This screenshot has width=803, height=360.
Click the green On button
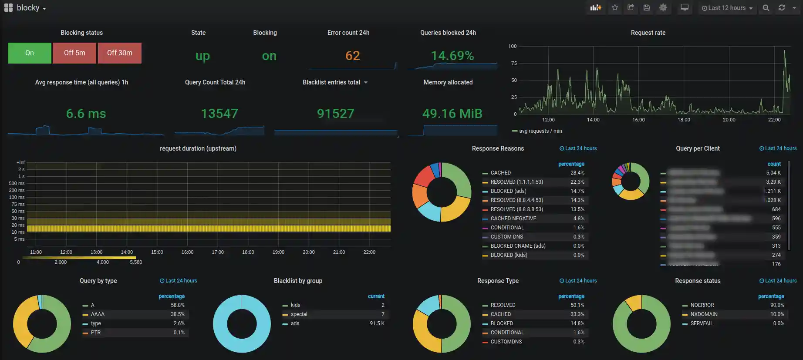(x=30, y=53)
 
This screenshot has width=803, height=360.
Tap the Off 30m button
(x=119, y=53)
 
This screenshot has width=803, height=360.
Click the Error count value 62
(x=352, y=56)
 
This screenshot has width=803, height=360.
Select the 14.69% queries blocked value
(x=452, y=56)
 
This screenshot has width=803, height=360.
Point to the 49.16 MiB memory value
(x=452, y=114)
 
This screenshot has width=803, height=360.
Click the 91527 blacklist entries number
(x=335, y=114)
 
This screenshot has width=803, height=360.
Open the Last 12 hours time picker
(x=727, y=8)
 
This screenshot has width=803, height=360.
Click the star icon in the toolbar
(x=614, y=8)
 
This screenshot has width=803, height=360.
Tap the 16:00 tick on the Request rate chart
(x=638, y=120)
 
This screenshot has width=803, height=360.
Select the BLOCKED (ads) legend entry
(x=508, y=191)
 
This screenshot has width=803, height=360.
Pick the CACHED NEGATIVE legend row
(x=513, y=219)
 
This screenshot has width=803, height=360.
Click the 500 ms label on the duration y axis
(x=17, y=184)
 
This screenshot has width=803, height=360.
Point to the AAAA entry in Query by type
(x=98, y=314)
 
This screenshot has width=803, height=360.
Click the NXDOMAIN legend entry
(x=704, y=314)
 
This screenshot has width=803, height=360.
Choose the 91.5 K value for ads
(x=377, y=323)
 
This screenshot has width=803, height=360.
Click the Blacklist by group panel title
(x=298, y=281)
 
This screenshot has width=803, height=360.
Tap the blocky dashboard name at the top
(x=28, y=8)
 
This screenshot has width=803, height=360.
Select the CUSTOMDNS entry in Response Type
(x=506, y=342)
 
